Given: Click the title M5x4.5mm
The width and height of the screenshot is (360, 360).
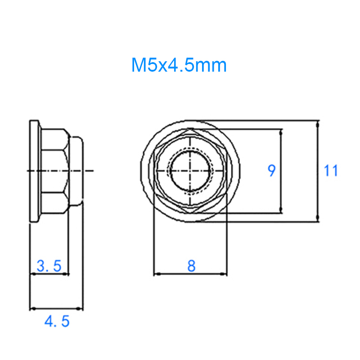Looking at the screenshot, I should (x=179, y=66).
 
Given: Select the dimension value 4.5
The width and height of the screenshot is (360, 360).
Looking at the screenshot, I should (x=57, y=322).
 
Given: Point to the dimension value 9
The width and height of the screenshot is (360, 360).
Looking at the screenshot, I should (x=271, y=171).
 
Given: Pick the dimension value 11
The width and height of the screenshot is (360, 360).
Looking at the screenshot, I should (x=331, y=171).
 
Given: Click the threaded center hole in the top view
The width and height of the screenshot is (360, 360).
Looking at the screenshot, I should (x=190, y=171).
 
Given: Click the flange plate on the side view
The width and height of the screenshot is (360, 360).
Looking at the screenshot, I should (x=34, y=171).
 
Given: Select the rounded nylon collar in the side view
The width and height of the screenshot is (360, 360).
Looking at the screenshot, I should (x=76, y=171).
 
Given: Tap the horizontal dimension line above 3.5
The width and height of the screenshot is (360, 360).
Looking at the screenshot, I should (x=49, y=274).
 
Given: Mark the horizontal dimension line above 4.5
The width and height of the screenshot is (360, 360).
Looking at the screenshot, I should (x=57, y=309).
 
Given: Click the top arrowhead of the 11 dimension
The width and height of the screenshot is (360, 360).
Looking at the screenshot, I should (x=318, y=123).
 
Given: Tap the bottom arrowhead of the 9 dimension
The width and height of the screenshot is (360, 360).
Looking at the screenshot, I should (x=281, y=210).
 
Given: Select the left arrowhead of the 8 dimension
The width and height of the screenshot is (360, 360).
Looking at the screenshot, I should (x=156, y=274).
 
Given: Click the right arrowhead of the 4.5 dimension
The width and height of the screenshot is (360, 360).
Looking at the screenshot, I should (x=81, y=309).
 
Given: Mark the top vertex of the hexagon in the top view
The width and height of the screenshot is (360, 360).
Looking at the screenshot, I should (x=190, y=129).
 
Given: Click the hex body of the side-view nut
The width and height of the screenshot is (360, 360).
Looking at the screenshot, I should (x=54, y=171).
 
